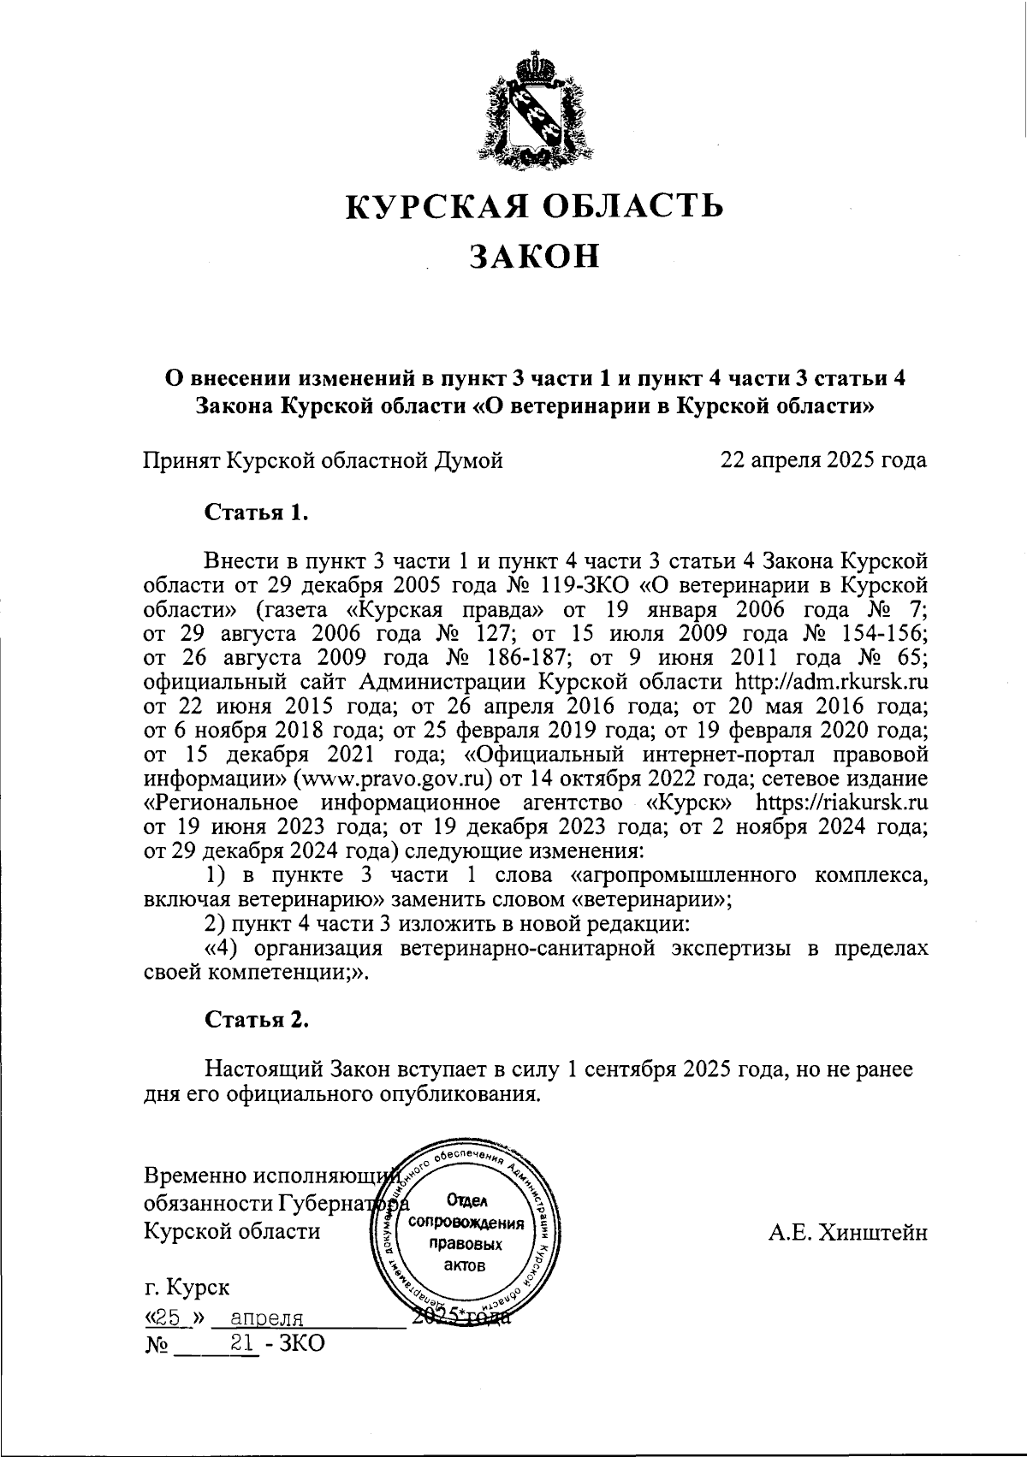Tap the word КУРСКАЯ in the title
click(x=422, y=206)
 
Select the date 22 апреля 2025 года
click(x=823, y=461)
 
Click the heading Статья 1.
click(x=256, y=513)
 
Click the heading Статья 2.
click(x=256, y=1020)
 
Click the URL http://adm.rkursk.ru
click(x=832, y=683)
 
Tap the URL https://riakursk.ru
click(x=843, y=804)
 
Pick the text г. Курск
click(x=187, y=1288)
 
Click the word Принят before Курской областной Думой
click(x=181, y=461)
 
